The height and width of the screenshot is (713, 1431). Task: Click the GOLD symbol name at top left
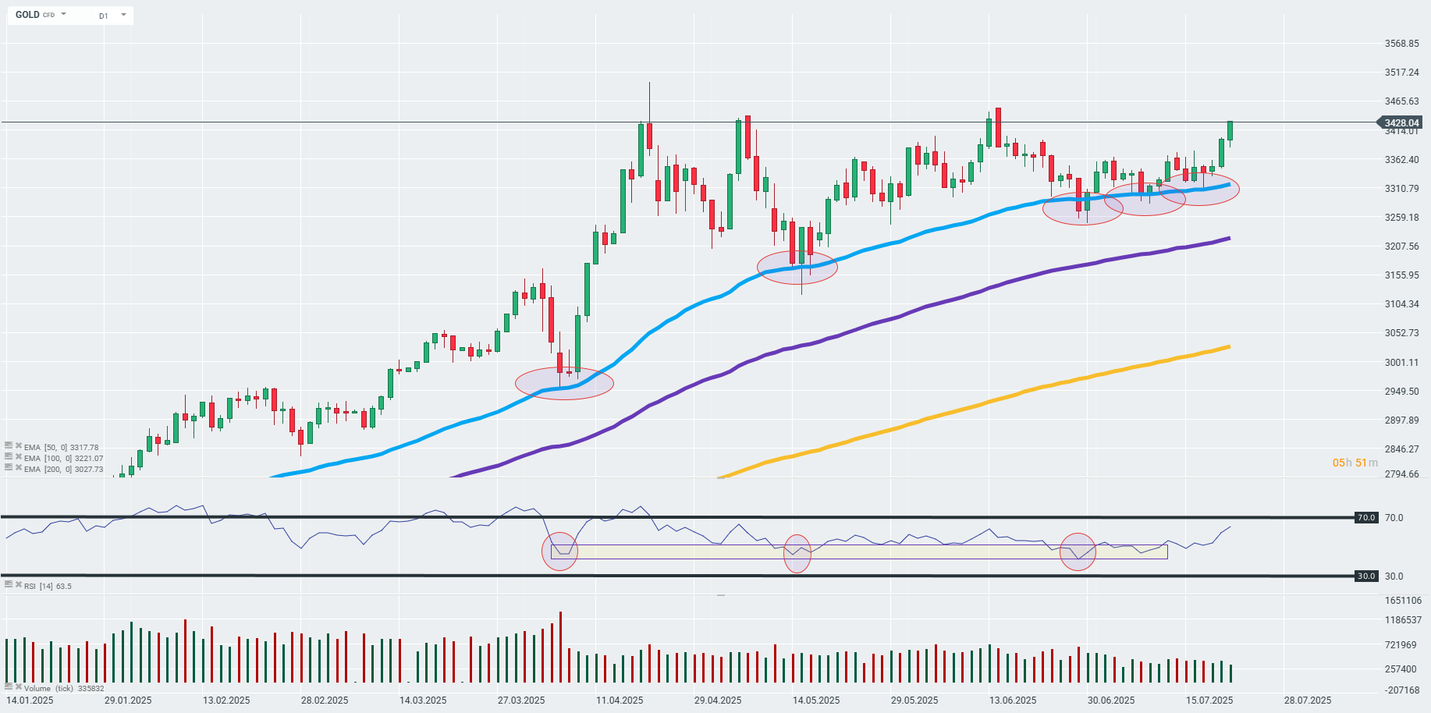[x=27, y=15]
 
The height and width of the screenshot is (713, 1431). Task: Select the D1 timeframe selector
[x=104, y=16]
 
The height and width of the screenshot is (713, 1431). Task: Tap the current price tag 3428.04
[x=1401, y=122]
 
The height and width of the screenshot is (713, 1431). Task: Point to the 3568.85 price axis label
[x=1401, y=44]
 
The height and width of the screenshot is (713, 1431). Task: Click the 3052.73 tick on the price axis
[x=1401, y=333]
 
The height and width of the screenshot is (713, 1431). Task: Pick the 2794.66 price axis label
[x=1401, y=474]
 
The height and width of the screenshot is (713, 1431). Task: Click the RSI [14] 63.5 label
[x=47, y=586]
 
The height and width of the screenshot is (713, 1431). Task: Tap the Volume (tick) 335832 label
[x=64, y=688]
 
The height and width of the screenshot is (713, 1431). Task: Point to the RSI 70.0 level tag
[x=1366, y=518]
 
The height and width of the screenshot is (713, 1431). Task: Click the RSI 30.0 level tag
[x=1366, y=576]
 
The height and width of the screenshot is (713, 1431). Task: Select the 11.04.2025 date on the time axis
[x=620, y=701]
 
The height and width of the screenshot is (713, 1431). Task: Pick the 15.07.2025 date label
[x=1209, y=701]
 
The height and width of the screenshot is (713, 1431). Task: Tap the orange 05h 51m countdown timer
[x=1355, y=463]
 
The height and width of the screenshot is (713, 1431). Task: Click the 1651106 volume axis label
[x=1403, y=601]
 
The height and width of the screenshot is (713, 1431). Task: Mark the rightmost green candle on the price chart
[x=1230, y=130]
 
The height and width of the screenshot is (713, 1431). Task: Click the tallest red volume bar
[x=560, y=647]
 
